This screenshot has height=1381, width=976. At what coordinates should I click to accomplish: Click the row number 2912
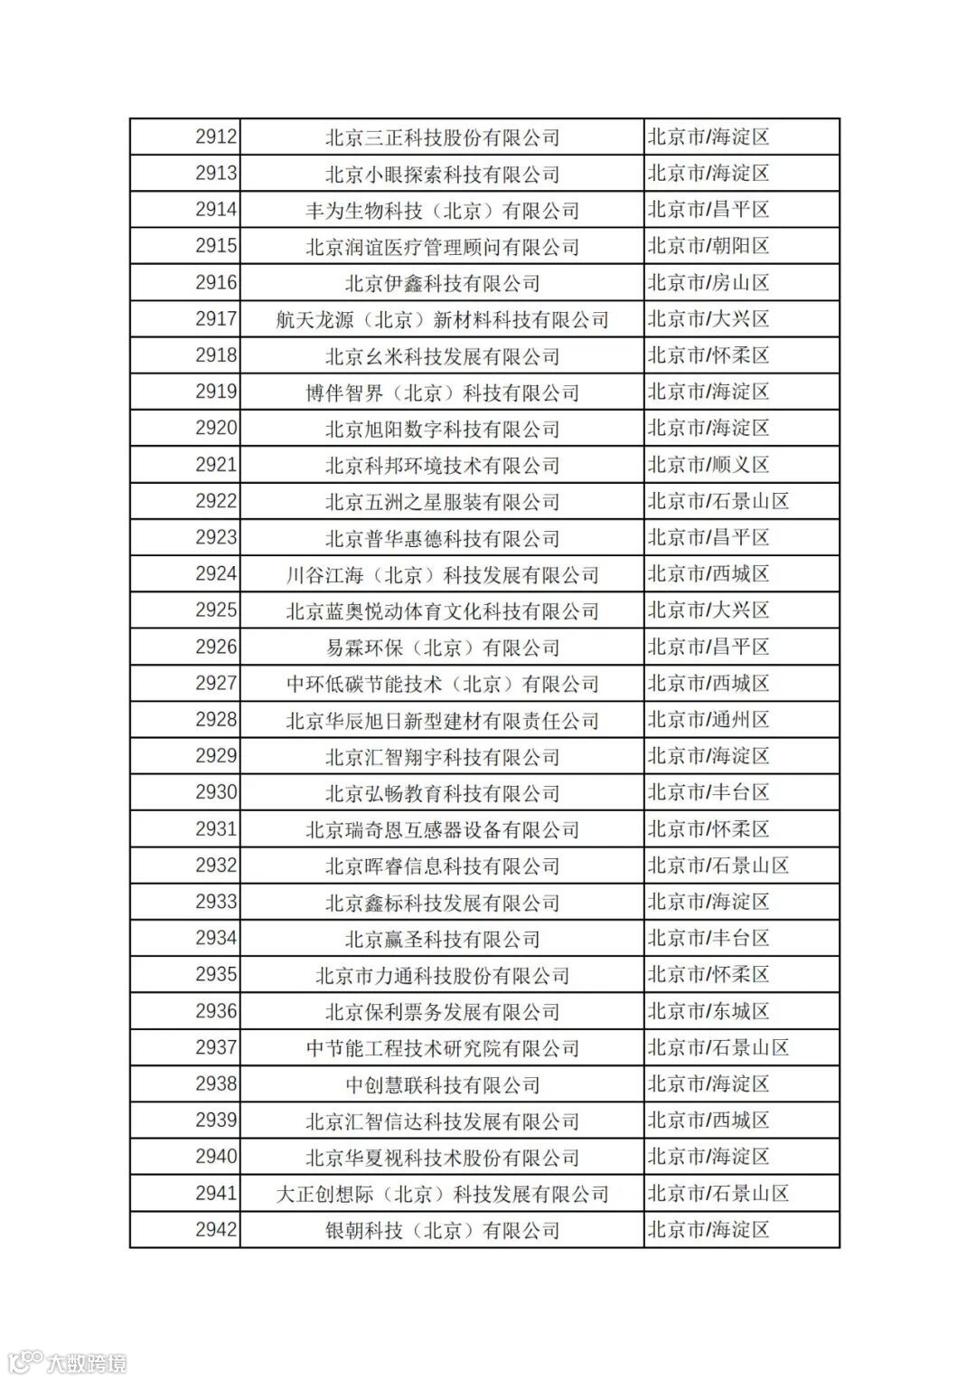click(216, 137)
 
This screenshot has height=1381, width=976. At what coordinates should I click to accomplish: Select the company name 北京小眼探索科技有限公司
click(442, 175)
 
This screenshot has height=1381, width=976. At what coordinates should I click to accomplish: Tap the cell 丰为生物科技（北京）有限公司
click(442, 211)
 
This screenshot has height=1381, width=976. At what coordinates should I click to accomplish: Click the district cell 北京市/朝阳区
click(709, 246)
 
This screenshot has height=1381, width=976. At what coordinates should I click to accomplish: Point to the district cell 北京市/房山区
click(709, 283)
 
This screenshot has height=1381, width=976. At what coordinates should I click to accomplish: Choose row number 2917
click(216, 319)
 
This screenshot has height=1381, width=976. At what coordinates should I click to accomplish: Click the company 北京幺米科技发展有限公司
click(442, 356)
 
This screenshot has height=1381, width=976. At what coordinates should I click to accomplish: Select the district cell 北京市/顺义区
click(709, 465)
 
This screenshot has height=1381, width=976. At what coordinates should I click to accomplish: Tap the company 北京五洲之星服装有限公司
click(442, 502)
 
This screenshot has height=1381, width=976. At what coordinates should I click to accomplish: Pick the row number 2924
click(216, 574)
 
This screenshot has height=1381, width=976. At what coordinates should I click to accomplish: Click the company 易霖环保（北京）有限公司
click(442, 648)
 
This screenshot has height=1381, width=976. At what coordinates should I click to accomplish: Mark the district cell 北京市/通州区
click(709, 720)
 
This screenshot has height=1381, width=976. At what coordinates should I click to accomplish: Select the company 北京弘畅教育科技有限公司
click(442, 793)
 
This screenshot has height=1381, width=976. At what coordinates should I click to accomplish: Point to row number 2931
click(216, 829)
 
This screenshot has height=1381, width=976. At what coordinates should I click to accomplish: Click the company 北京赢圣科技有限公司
click(442, 939)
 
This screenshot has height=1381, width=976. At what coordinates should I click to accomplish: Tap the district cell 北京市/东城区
click(709, 1011)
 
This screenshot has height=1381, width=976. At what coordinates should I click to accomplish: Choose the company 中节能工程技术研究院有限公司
click(442, 1048)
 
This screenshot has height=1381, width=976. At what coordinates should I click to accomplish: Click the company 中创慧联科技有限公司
click(442, 1084)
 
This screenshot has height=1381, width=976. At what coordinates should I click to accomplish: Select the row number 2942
click(216, 1230)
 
